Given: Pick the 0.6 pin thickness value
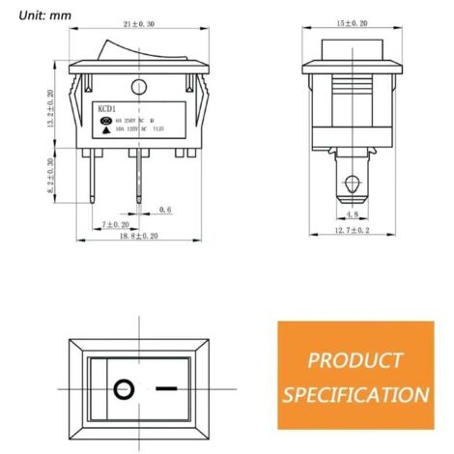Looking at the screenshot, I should (164, 209).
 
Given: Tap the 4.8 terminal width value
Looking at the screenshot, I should (354, 215).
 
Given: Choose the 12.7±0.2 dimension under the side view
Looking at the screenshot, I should (355, 232).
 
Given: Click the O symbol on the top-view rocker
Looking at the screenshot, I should (122, 390).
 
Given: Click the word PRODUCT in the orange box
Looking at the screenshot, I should (355, 361).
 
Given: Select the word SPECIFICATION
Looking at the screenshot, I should (355, 394).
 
